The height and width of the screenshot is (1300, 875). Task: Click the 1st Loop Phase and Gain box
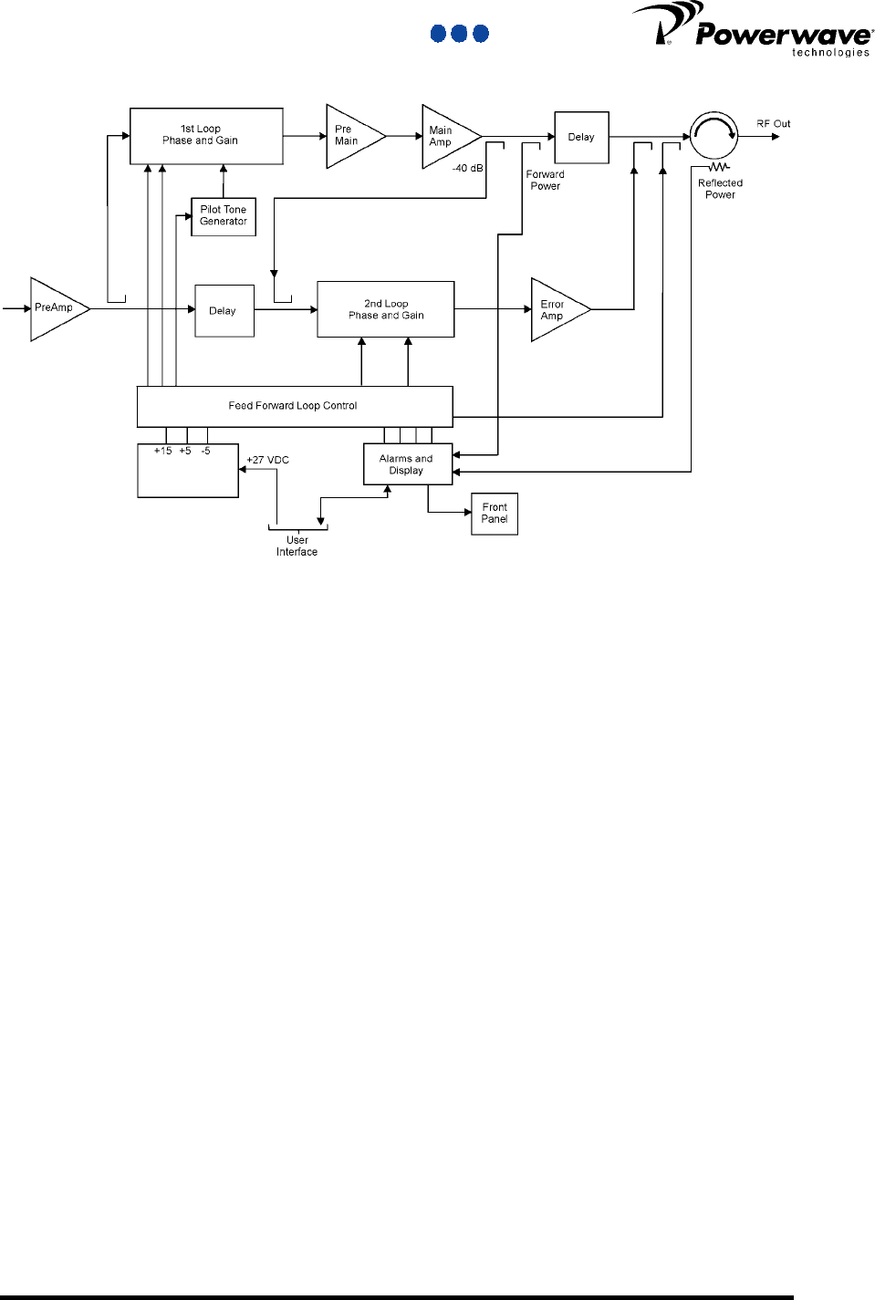(206, 136)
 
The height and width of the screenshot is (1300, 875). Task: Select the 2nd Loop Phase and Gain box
(385, 309)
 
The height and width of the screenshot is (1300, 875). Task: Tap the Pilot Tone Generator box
(224, 216)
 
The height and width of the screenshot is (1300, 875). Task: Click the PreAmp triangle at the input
(55, 308)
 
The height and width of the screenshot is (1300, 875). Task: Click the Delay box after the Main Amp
(581, 138)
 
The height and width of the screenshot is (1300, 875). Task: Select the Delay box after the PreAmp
(224, 311)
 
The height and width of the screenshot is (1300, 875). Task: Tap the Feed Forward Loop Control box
(294, 406)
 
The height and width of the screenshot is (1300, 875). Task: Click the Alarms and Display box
(407, 464)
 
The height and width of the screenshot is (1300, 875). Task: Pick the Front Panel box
(495, 514)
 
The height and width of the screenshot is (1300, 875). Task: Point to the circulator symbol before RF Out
(714, 136)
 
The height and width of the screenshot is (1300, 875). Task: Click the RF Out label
(773, 124)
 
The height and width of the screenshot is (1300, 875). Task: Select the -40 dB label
(467, 169)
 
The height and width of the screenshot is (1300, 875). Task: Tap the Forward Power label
(545, 181)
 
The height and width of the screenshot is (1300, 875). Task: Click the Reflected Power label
(720, 189)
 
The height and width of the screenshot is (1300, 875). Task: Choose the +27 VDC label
(268, 460)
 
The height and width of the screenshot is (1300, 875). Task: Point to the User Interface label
(297, 546)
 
